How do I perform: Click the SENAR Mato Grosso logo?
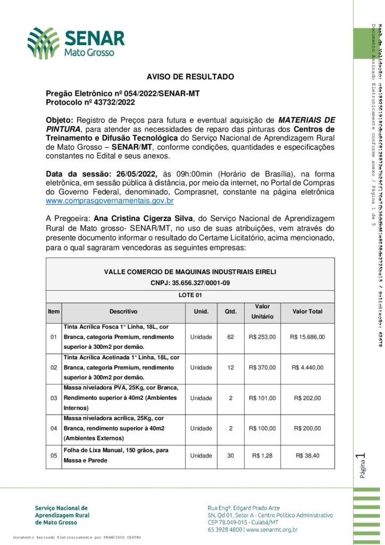click(x=76, y=42)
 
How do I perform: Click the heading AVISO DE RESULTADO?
click(x=190, y=77)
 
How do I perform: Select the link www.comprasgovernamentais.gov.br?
click(x=110, y=201)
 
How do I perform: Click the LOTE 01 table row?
click(x=190, y=295)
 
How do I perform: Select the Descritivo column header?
click(x=123, y=311)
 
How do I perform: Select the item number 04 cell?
click(x=53, y=428)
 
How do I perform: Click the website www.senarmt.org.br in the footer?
click(x=271, y=530)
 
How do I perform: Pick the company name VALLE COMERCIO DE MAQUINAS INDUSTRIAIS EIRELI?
click(x=190, y=272)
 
